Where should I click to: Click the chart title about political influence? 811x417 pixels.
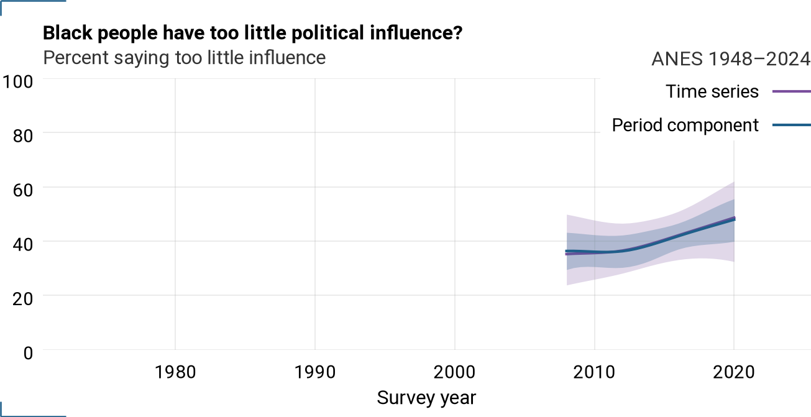[x=253, y=34]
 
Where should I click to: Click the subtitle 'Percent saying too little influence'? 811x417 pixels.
[x=185, y=58]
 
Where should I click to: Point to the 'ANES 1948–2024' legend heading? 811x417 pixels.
[x=731, y=59]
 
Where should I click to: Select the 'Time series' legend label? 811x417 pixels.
[x=712, y=91]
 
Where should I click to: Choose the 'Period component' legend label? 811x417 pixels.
[x=685, y=126]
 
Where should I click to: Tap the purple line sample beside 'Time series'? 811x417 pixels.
[x=792, y=91]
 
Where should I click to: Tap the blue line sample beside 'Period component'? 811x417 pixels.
[x=792, y=126]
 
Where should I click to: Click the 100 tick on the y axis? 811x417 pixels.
[x=17, y=82]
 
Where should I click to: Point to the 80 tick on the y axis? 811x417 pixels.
[x=23, y=136]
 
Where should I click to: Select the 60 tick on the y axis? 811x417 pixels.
[x=23, y=190]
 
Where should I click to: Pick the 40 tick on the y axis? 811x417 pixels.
[x=23, y=245]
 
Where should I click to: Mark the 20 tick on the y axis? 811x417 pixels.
[x=23, y=299]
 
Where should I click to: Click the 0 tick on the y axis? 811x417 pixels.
[x=28, y=353]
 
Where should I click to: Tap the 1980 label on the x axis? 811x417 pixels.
[x=175, y=372]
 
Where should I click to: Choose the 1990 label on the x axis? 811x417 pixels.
[x=315, y=372]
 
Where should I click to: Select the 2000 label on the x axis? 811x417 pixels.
[x=455, y=372]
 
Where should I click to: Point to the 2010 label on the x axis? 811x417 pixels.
[x=594, y=372]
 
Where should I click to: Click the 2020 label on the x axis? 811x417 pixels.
[x=734, y=372]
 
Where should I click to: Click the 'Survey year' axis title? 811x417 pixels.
[x=426, y=398]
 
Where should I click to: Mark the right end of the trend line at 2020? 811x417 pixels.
[x=735, y=218]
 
